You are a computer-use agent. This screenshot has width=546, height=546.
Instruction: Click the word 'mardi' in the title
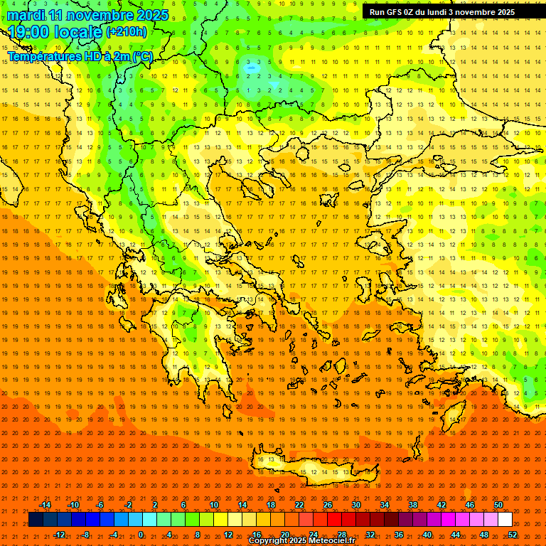coord(26,15)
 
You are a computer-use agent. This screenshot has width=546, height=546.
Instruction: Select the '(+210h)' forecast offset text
coord(127,32)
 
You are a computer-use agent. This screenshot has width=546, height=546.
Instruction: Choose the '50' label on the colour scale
coord(498,505)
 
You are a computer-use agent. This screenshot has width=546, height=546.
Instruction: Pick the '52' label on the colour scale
coord(513,534)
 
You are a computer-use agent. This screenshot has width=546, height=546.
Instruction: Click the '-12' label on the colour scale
coord(59,534)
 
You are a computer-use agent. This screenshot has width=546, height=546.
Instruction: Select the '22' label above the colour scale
coord(299,505)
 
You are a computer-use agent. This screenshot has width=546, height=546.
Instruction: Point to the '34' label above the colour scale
coord(385,505)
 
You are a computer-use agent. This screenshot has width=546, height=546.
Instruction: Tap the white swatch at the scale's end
coord(505,520)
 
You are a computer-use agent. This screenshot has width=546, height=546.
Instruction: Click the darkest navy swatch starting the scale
coord(36,520)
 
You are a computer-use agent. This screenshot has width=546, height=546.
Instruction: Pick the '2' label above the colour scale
coord(155,505)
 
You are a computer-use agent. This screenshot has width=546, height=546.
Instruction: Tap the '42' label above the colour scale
coord(441,505)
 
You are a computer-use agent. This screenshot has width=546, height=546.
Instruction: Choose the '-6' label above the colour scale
coord(100,505)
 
